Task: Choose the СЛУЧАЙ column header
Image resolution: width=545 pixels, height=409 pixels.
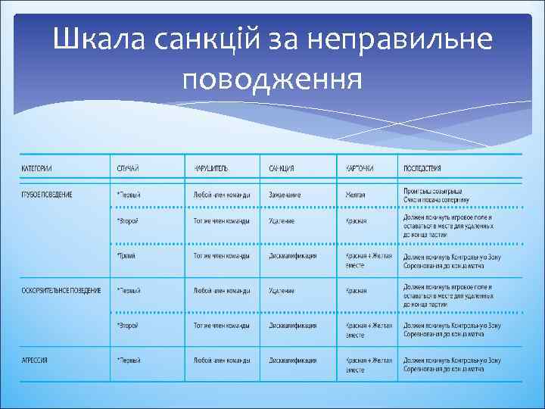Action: coord(128,167)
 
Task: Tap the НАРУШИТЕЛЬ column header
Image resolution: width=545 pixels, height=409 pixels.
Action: coord(210,167)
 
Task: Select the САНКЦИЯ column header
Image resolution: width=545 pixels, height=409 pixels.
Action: coord(282,167)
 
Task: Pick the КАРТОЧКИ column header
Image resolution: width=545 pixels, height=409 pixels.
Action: coord(360,167)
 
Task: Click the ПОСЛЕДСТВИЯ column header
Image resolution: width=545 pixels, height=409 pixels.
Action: coord(422,167)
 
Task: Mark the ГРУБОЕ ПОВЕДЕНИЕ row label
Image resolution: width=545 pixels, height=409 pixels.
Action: coord(47,195)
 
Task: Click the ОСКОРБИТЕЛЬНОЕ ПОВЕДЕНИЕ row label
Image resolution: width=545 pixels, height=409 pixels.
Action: coord(61,290)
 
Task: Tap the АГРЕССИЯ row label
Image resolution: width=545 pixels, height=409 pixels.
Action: coord(35,360)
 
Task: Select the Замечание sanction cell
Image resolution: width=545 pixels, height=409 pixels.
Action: coord(285,195)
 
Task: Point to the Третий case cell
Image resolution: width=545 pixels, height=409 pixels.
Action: coord(126,256)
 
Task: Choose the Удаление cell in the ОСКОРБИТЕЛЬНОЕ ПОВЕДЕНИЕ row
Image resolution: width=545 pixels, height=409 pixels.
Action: coord(282,290)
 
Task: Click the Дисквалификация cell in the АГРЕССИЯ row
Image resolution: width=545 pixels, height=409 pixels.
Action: coord(292,360)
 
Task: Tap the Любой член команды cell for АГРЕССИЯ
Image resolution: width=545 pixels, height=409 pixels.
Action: coord(222,360)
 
